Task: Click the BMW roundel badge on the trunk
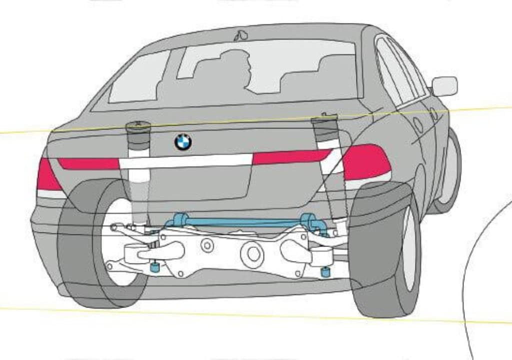183,142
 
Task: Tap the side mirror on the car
444,86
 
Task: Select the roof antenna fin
241,35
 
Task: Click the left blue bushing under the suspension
155,267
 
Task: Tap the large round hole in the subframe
252,254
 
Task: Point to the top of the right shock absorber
323,119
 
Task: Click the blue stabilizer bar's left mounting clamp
180,219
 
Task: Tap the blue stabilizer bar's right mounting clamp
308,220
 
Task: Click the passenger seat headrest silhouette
332,62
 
